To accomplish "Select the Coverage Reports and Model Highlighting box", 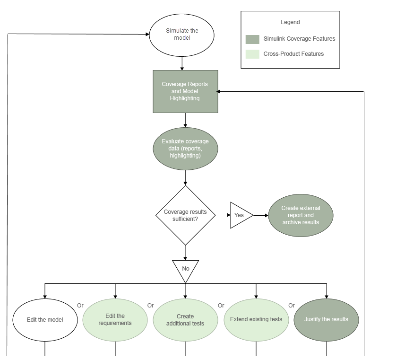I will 185,92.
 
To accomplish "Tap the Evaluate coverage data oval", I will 185,149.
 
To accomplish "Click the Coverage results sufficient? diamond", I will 185,215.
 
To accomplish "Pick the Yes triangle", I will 239,215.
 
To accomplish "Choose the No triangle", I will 185,268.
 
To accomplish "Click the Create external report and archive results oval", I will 301,215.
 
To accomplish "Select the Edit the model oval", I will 45,319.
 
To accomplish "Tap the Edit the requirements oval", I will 115,319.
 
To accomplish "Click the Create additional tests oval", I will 185,319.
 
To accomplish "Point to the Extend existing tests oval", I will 256,319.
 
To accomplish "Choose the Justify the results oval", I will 326,319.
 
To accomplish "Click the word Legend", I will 290,22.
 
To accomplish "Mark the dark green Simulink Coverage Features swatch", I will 252,39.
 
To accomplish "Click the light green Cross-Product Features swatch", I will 252,54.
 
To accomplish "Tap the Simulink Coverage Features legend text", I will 299,39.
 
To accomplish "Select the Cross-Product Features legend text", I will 293,54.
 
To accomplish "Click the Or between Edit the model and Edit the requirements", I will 80,306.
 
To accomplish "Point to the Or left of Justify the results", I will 292,306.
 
